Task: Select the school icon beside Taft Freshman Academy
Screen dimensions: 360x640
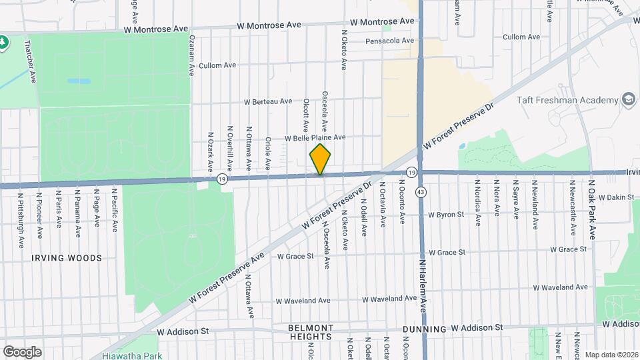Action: click(628, 100)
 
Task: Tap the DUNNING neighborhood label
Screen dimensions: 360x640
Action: click(425, 329)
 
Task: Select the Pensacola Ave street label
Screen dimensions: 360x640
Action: click(390, 41)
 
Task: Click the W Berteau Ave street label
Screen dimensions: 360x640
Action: click(268, 102)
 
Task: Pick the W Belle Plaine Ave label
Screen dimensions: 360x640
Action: click(315, 138)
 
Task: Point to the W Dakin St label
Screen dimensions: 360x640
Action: click(616, 197)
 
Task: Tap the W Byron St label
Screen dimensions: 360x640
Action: click(445, 215)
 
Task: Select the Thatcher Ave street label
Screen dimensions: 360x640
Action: click(31, 62)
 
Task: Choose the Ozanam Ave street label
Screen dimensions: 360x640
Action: click(191, 55)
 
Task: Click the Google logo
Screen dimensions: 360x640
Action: click(21, 351)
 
